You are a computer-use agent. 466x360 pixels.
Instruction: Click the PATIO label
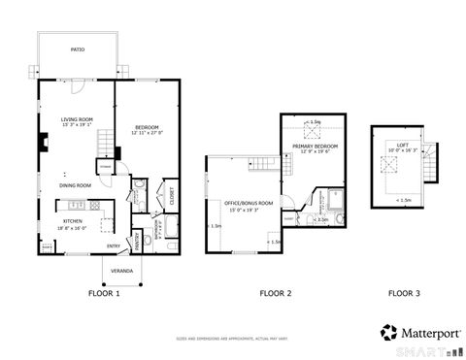point(77,48)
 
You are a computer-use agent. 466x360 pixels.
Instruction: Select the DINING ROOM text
point(76,184)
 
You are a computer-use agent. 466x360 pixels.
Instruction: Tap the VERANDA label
point(121,271)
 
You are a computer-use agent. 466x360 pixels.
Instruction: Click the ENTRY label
point(113,246)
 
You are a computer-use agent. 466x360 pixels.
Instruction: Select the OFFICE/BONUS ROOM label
point(243,202)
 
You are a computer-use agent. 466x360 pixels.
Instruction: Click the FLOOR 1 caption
point(104,292)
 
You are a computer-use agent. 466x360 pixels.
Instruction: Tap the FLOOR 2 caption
point(276,292)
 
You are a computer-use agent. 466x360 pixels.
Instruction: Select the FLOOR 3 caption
point(405,292)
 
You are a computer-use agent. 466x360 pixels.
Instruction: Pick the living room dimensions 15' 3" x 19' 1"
point(76,124)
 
